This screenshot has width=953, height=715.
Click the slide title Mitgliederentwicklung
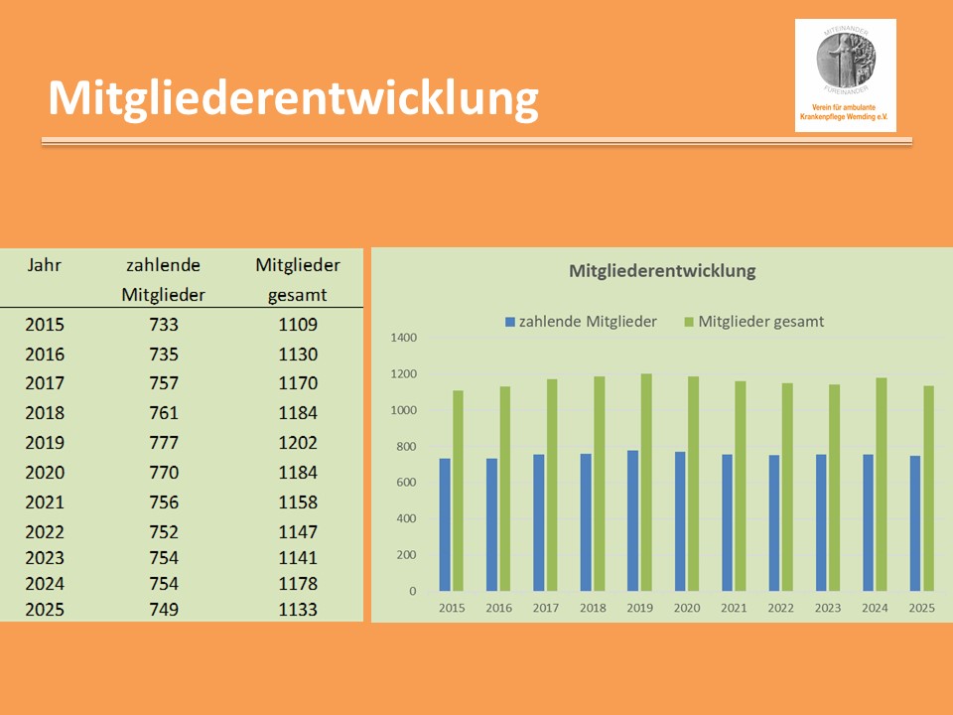pyautogui.click(x=293, y=98)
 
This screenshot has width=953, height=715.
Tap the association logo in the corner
pyautogui.click(x=845, y=74)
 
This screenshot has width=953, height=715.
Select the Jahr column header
pyautogui.click(x=45, y=265)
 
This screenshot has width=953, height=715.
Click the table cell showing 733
pyautogui.click(x=164, y=325)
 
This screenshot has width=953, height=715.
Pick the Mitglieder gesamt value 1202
pyautogui.click(x=298, y=443)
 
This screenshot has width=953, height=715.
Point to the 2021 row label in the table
pyautogui.click(x=45, y=502)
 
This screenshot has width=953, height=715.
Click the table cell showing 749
pyautogui.click(x=164, y=609)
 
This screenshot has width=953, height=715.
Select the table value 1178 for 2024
pyautogui.click(x=298, y=583)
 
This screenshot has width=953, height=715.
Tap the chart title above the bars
pyautogui.click(x=662, y=270)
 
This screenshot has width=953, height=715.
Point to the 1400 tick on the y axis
pyautogui.click(x=405, y=338)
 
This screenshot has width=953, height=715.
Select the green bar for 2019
pyautogui.click(x=646, y=482)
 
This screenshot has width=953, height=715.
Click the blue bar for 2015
pyautogui.click(x=445, y=524)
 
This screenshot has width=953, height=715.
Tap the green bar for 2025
pyautogui.click(x=929, y=488)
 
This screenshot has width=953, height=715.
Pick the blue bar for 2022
pyautogui.click(x=774, y=522)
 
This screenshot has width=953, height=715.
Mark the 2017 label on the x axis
pyautogui.click(x=546, y=608)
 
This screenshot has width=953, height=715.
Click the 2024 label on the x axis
pyautogui.click(x=876, y=608)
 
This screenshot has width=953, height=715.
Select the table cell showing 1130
pyautogui.click(x=298, y=355)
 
